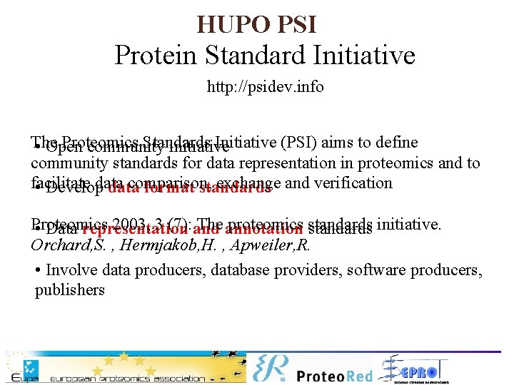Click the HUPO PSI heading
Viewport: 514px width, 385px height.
(256, 24)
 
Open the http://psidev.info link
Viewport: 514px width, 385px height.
(265, 87)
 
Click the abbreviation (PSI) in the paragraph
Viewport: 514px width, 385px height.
(301, 143)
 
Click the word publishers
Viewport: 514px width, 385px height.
(70, 289)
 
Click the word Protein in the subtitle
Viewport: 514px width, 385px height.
(151, 55)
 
